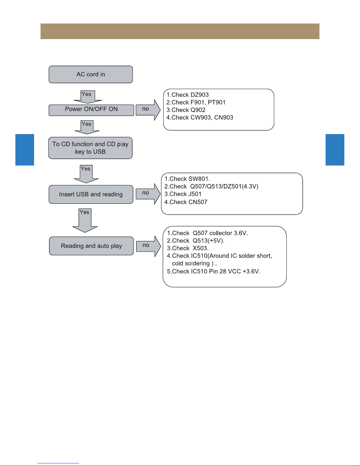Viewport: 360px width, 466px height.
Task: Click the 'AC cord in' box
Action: point(91,74)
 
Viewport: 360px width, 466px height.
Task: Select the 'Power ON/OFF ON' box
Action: point(91,110)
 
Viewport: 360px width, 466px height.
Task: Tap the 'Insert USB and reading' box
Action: point(91,194)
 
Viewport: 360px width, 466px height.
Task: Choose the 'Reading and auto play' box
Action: point(91,246)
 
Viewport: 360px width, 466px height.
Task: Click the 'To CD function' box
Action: point(90,148)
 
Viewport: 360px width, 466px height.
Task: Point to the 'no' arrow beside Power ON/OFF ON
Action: point(148,110)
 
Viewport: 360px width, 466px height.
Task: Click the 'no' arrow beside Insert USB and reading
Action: point(148,194)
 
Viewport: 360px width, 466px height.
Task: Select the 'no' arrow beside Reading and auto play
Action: point(148,246)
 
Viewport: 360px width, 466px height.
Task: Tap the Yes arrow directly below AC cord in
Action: point(88,97)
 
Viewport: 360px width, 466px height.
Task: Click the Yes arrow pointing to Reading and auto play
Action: point(85,221)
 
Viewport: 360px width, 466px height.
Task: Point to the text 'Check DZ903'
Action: point(190,95)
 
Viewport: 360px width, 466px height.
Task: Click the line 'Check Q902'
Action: point(188,110)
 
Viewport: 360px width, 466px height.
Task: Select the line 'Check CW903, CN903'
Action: point(202,118)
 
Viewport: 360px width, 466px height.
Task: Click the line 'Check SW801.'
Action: point(190,179)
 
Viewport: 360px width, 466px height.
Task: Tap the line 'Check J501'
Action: point(185,194)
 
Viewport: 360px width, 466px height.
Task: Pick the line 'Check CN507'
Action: point(188,202)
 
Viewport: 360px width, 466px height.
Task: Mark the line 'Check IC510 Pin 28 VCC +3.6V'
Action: point(216,271)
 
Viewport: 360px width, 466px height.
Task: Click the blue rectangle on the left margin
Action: point(25,150)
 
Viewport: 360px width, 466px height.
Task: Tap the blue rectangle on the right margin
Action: point(335,150)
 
